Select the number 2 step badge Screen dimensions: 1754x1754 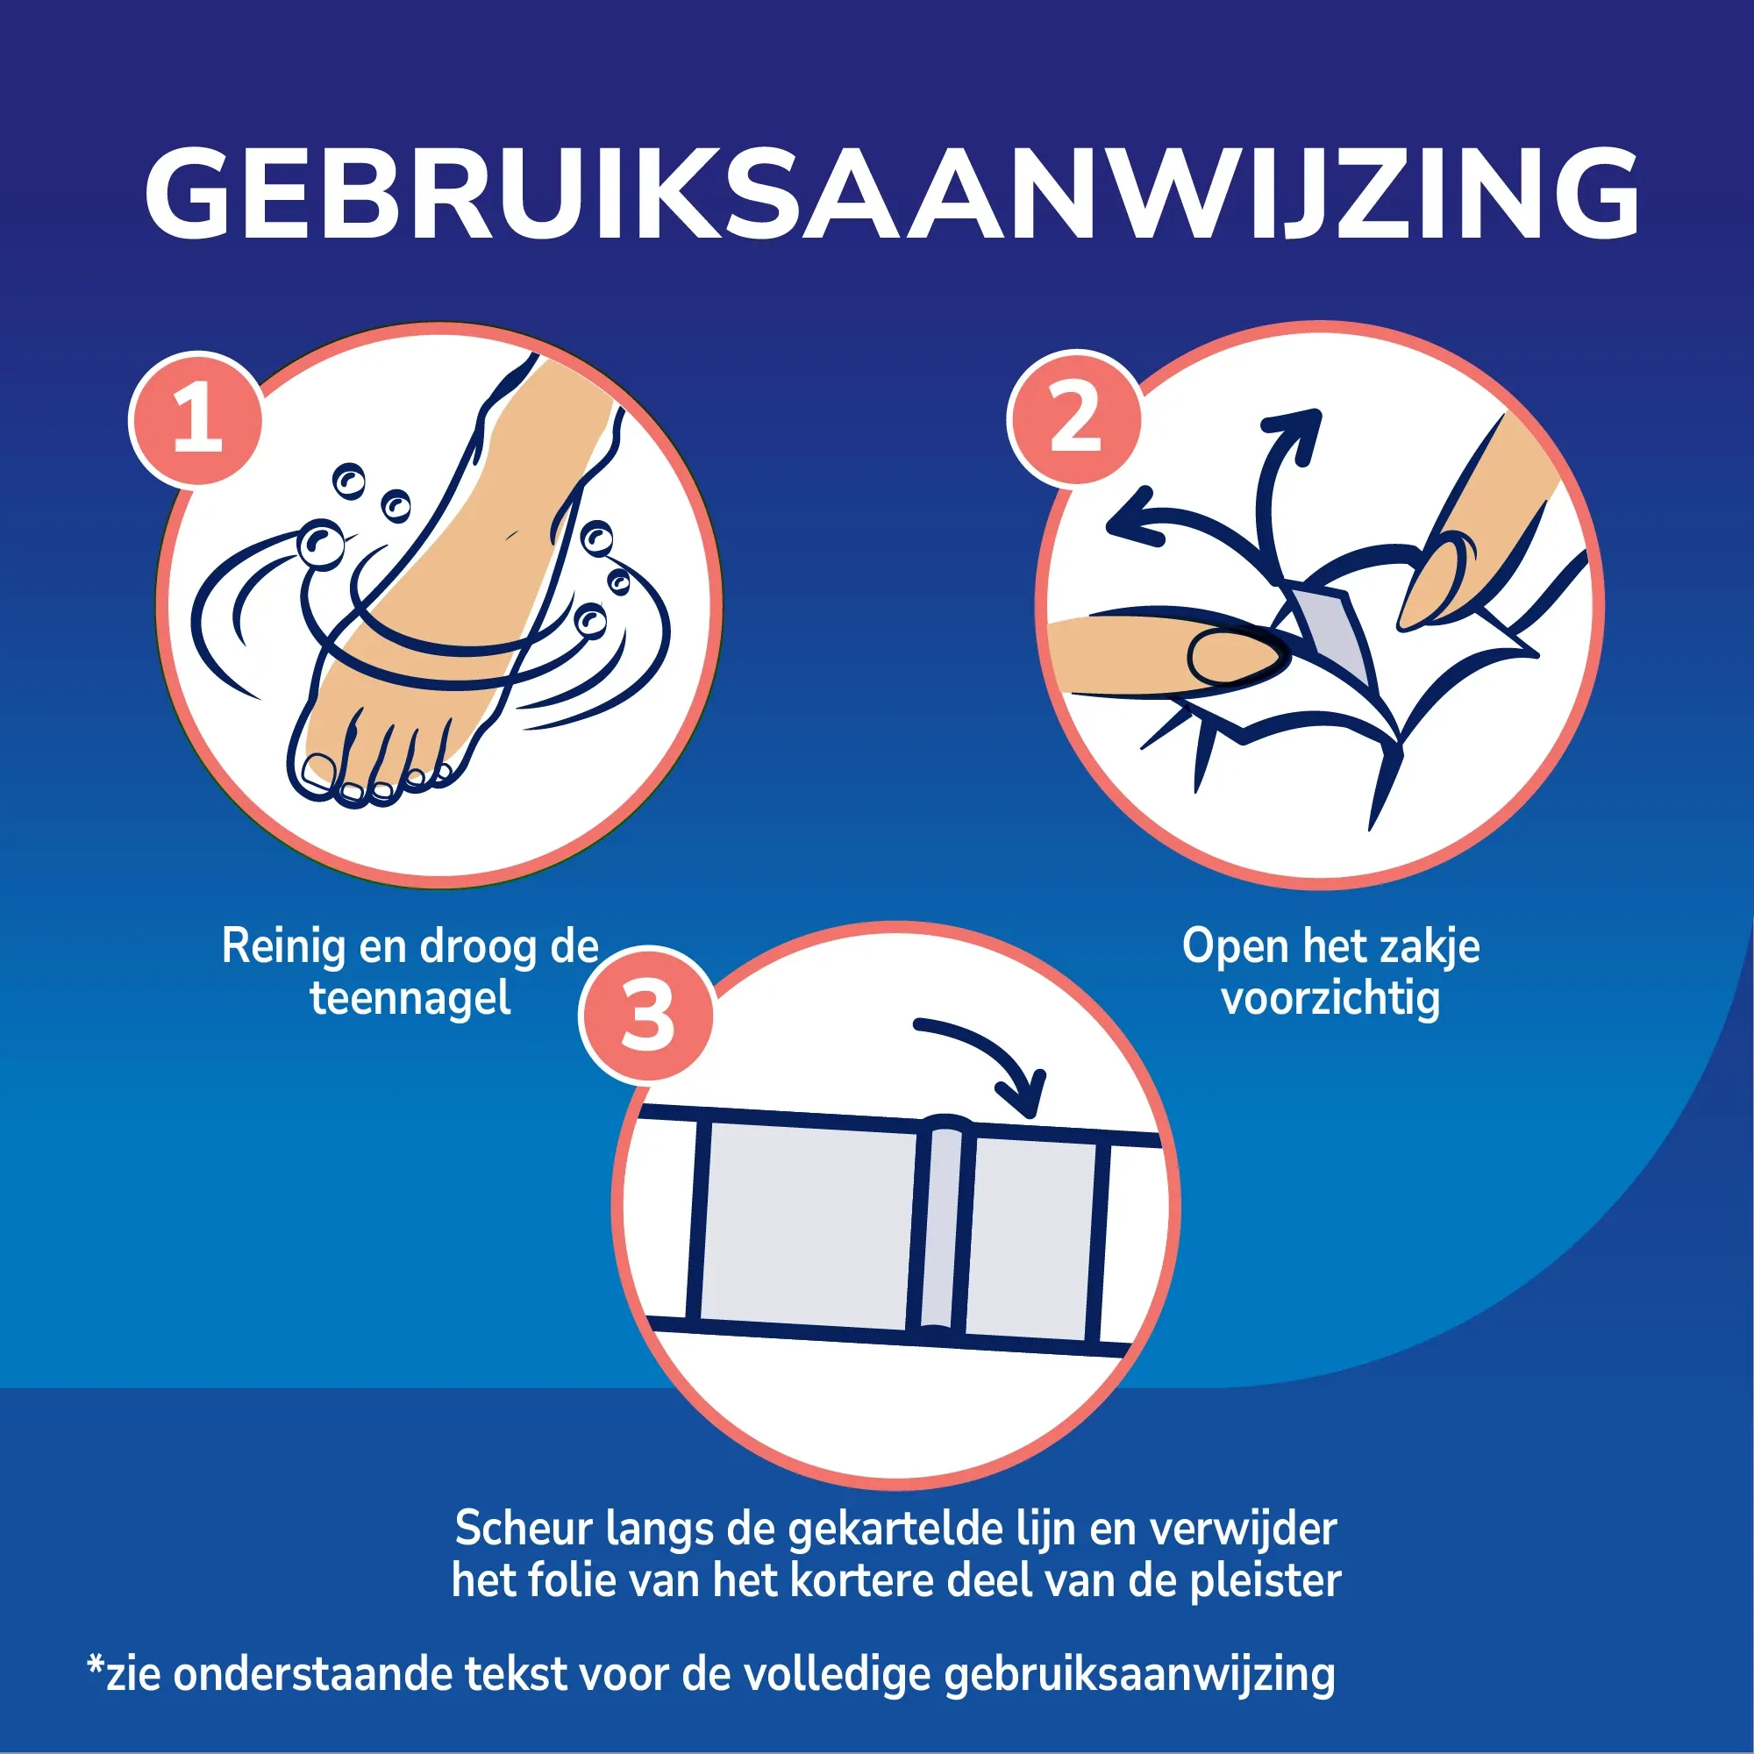1075,417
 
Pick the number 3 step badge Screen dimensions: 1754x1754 646,1014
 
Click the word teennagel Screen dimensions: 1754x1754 410,998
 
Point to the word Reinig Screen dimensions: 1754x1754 283,947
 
